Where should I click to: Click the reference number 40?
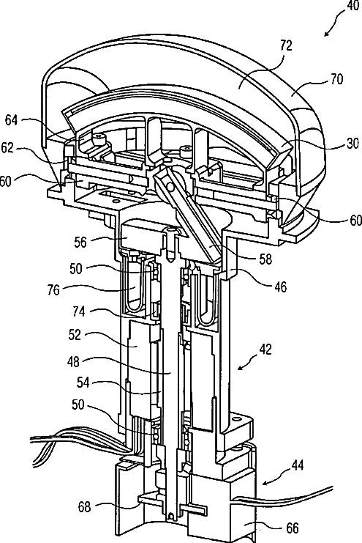(x=352, y=6)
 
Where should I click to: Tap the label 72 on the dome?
(x=286, y=45)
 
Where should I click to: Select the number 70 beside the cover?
(x=336, y=79)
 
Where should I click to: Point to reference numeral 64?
(x=11, y=120)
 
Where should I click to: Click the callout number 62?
(x=7, y=148)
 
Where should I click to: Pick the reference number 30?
(x=352, y=144)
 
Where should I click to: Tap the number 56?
(x=80, y=242)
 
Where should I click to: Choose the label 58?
(x=265, y=259)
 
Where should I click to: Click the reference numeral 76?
(x=53, y=290)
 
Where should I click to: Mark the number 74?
(x=79, y=311)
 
